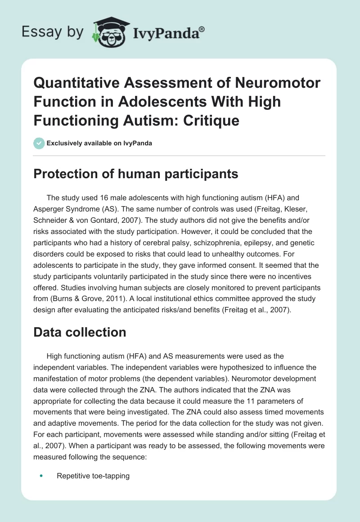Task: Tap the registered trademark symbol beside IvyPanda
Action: [202, 28]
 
